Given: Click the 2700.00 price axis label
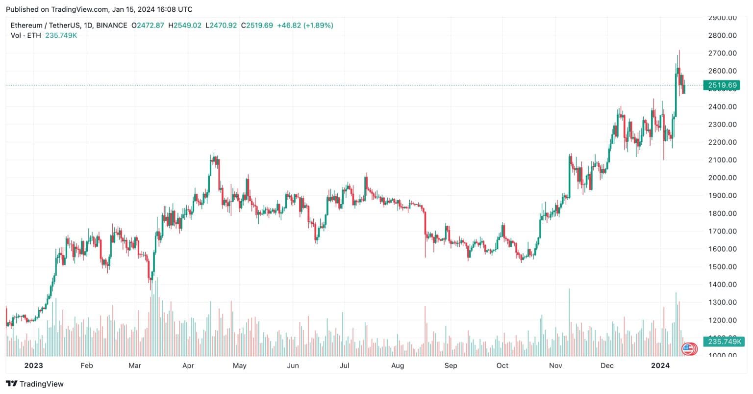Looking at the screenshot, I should (x=722, y=53).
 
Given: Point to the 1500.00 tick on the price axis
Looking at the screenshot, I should (x=722, y=266).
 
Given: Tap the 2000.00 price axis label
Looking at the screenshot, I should (x=722, y=178).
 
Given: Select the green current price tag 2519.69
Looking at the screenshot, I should (x=723, y=85).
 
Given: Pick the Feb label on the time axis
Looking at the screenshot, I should (x=86, y=366).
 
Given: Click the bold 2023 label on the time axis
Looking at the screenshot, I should (x=33, y=366).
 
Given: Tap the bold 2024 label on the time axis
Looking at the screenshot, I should (x=659, y=366).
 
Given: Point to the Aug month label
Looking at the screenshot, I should (x=398, y=366).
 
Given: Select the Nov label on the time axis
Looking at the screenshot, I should (x=555, y=366).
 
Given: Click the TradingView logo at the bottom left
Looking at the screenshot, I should (x=35, y=384).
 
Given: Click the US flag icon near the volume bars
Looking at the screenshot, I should (x=688, y=349).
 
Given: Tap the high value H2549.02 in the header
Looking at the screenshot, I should (x=185, y=25).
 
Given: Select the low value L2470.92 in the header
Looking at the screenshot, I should (x=222, y=25).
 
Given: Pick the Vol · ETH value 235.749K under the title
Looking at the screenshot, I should (x=61, y=35).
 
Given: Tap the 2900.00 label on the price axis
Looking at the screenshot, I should (x=722, y=18).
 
